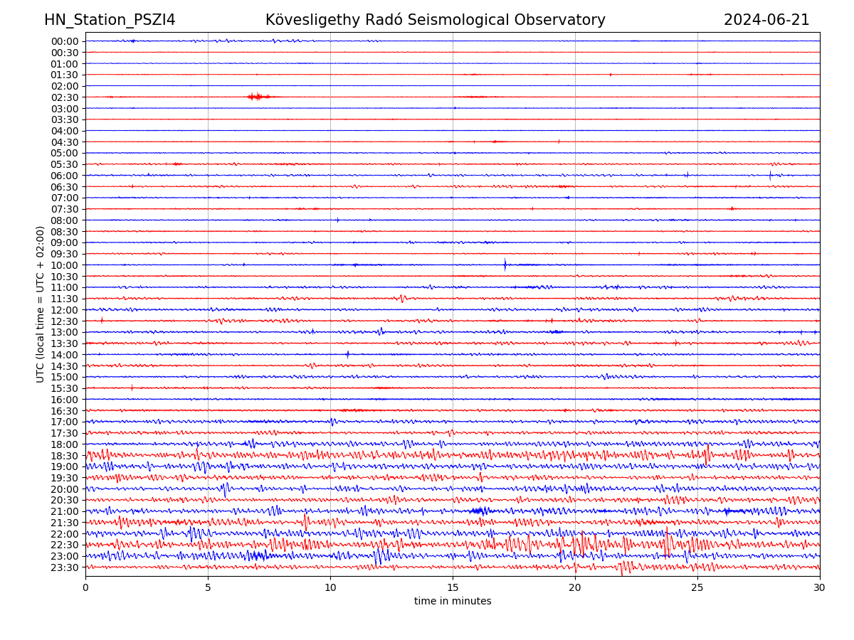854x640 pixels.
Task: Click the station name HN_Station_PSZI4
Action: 110,20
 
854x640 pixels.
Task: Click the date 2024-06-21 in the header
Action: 766,20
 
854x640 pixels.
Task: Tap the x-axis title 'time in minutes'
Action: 453,602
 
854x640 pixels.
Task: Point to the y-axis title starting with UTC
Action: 41,304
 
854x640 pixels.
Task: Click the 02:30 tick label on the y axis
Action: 65,97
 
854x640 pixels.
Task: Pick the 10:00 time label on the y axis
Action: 65,265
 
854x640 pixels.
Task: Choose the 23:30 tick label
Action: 65,567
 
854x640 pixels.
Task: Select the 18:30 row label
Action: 65,456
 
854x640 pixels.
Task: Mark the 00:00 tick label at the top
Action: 65,41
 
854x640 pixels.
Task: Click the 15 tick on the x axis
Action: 453,588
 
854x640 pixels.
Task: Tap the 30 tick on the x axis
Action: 820,588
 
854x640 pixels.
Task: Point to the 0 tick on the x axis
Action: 85,588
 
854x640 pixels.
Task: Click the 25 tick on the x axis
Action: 697,588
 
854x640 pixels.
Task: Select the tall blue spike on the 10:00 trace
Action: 505,265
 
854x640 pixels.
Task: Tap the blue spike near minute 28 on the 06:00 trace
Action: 770,175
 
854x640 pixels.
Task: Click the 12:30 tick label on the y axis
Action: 65,321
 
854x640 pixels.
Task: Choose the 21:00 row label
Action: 65,511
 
